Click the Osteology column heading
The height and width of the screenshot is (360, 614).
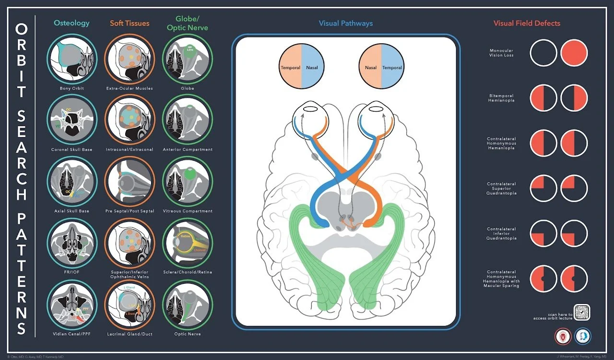[x=72, y=23]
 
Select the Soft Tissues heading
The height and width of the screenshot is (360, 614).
[x=130, y=23]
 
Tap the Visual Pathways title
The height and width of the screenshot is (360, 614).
[x=345, y=23]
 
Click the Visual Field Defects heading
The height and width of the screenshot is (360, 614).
[x=527, y=23]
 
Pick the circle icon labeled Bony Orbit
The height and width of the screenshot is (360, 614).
[x=72, y=58]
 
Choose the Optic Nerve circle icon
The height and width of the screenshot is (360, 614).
[x=188, y=304]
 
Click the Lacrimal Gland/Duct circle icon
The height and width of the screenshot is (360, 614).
[x=130, y=304]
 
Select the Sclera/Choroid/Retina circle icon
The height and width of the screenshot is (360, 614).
[x=188, y=243]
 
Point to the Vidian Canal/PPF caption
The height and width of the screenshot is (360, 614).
[x=72, y=334]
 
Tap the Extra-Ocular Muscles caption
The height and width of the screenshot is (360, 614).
[x=130, y=89]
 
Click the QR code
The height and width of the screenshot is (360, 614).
[x=582, y=313]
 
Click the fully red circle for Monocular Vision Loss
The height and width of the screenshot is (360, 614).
[x=574, y=53]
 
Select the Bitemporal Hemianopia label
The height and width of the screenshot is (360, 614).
[x=502, y=98]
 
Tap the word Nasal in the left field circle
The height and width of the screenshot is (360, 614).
[x=312, y=68]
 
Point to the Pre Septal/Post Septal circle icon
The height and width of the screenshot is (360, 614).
[x=130, y=181]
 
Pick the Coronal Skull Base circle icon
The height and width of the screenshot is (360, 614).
[x=72, y=120]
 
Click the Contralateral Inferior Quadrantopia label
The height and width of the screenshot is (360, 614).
[x=502, y=233]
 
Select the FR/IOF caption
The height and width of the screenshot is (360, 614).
[x=72, y=272]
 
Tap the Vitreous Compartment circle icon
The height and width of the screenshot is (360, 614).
[x=188, y=181]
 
